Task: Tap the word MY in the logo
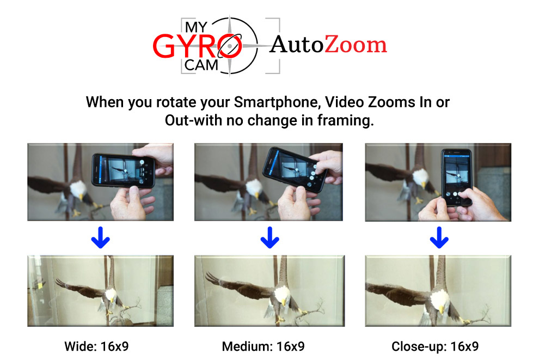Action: click(x=196, y=27)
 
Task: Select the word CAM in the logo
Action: click(x=201, y=65)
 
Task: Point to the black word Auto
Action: click(x=297, y=45)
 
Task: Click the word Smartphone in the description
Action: click(x=277, y=102)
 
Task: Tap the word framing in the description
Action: click(x=345, y=120)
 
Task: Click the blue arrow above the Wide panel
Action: click(x=100, y=237)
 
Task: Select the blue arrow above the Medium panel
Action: click(x=270, y=237)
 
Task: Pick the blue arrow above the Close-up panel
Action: click(x=439, y=237)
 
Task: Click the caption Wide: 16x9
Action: click(x=96, y=346)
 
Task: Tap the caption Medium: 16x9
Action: click(x=264, y=346)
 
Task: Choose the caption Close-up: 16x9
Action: click(x=435, y=346)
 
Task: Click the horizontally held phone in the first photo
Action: click(x=123, y=170)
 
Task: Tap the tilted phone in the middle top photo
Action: click(x=295, y=170)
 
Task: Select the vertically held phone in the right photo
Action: click(x=456, y=178)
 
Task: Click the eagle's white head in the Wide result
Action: click(x=111, y=295)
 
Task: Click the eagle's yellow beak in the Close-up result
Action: click(x=442, y=310)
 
